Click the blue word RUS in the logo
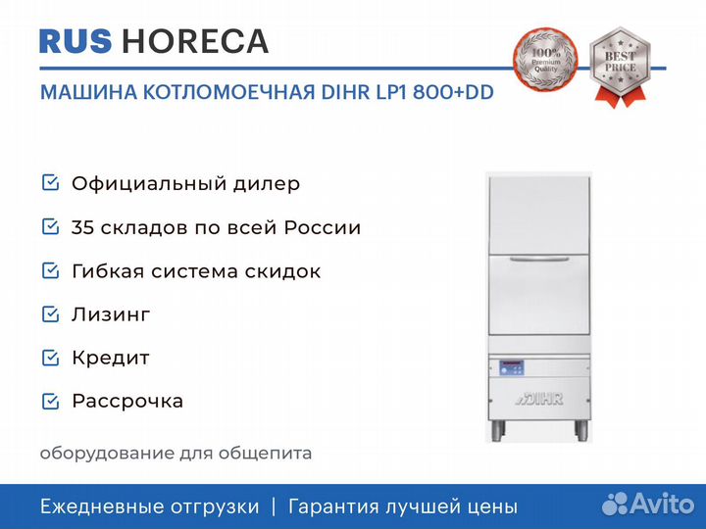click(x=76, y=41)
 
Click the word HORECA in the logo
click(x=195, y=41)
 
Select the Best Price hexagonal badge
click(x=620, y=67)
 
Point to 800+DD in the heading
click(x=453, y=92)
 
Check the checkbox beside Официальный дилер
click(x=50, y=183)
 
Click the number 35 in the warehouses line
click(x=82, y=227)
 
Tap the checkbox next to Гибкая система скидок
click(x=50, y=270)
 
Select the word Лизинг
click(x=111, y=314)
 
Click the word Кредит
click(x=111, y=359)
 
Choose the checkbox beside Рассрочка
click(x=50, y=402)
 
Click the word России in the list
click(x=323, y=227)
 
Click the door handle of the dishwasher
click(x=538, y=259)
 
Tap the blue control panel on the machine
click(x=512, y=367)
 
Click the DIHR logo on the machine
click(x=539, y=399)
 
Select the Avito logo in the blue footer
click(x=648, y=504)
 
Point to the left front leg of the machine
click(x=497, y=430)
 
